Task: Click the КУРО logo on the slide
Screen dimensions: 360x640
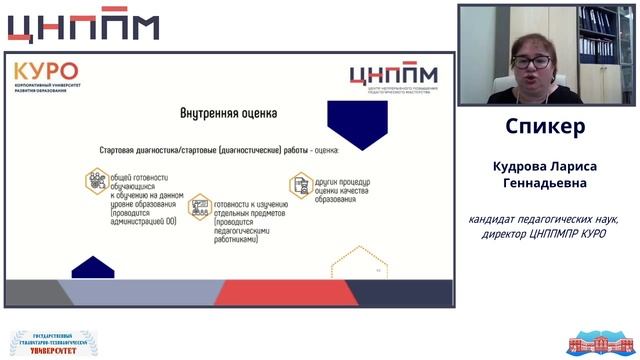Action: (46, 72)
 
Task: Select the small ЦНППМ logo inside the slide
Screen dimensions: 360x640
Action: (394, 76)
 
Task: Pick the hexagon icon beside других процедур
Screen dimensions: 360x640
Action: (299, 185)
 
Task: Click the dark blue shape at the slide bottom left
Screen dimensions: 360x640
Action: (92, 267)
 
